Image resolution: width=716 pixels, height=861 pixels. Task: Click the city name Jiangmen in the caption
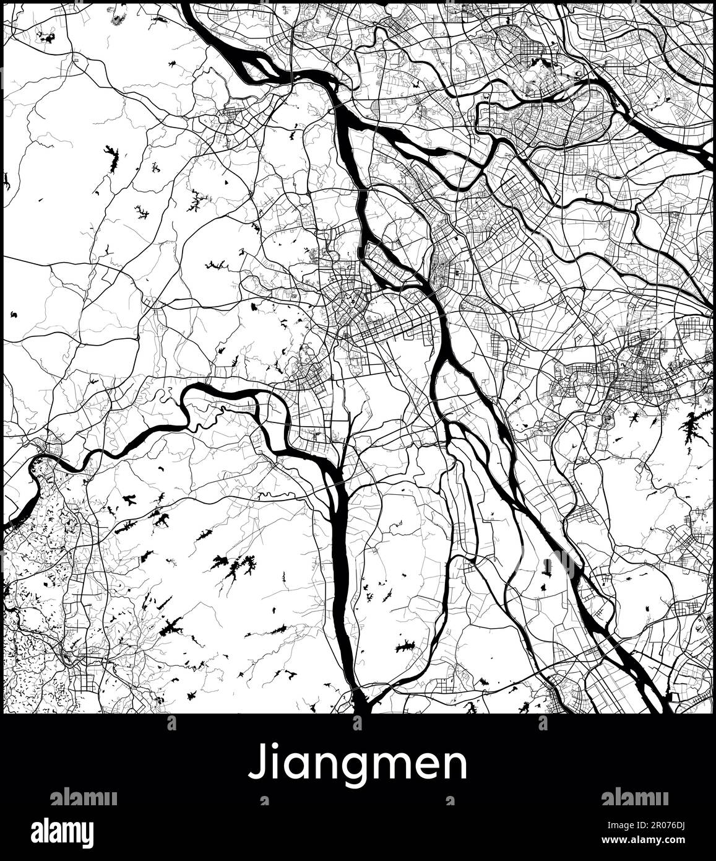(358, 766)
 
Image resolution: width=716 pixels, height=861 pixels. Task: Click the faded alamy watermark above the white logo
(84, 797)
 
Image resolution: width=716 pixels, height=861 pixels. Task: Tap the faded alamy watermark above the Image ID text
(634, 797)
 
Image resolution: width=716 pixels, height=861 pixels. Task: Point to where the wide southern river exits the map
(358, 706)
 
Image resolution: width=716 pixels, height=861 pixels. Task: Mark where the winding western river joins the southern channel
(337, 477)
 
